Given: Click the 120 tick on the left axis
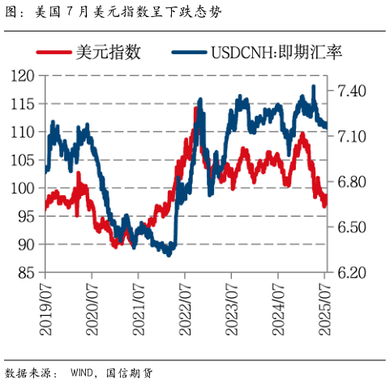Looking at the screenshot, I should pos(26,75).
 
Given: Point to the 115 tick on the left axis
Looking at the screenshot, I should pos(26,104).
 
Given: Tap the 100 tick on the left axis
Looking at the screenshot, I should pos(26,188).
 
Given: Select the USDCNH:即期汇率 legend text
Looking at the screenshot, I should pos(276,53).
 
